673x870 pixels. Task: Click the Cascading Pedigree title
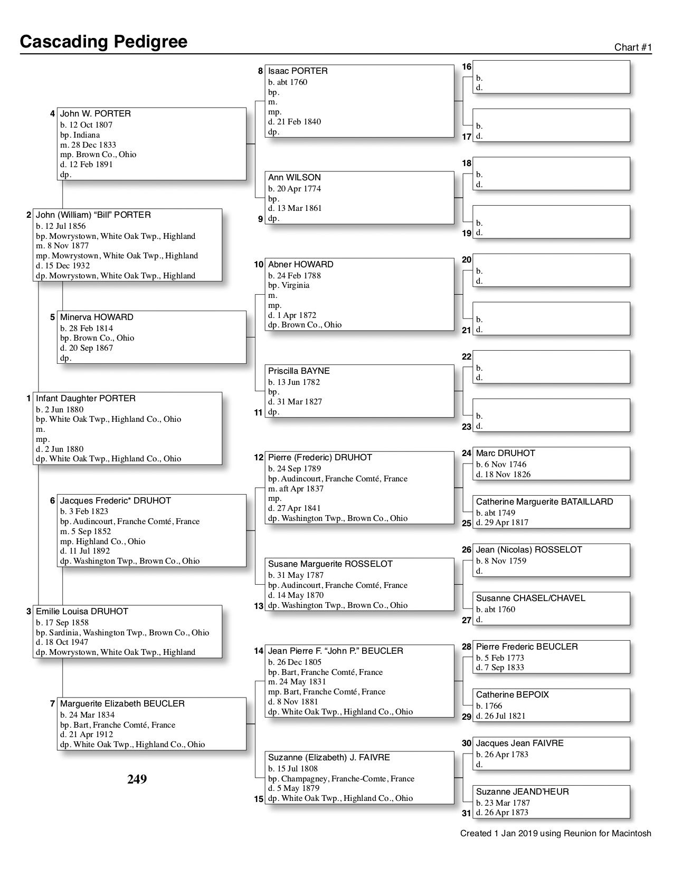[x=103, y=42]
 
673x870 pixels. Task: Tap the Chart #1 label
[x=633, y=47]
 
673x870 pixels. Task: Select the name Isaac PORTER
[x=298, y=71]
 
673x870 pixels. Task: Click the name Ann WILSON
[x=294, y=178]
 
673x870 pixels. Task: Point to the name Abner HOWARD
[x=300, y=265]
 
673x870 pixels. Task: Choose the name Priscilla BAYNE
[x=299, y=371]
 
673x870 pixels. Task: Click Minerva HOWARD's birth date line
[x=87, y=328]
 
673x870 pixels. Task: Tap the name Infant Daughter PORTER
[x=86, y=399]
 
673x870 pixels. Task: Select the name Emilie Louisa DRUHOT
[x=82, y=612]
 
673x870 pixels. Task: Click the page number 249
[x=137, y=779]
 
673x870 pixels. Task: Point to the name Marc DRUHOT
[x=505, y=453]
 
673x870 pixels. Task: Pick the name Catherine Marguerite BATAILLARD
[x=544, y=502]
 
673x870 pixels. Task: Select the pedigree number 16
[x=467, y=67]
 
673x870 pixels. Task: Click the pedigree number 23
[x=467, y=427]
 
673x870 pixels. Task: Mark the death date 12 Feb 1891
[x=87, y=165]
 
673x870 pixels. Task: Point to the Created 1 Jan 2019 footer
[x=555, y=834]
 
